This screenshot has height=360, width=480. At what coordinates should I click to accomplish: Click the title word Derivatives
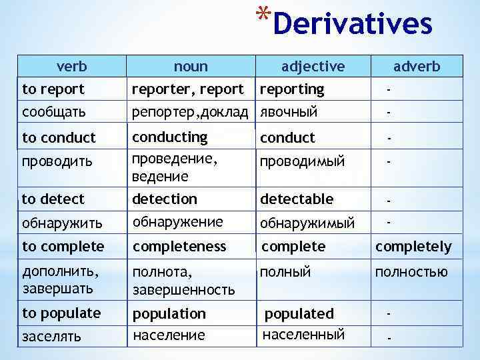[x=353, y=24]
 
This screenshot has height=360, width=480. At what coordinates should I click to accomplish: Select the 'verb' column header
[x=72, y=67]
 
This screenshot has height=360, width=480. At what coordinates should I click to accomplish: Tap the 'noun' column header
[x=191, y=67]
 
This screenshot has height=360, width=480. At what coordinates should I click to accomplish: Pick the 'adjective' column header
[x=313, y=67]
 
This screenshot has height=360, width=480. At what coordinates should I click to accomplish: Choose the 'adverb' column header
[x=417, y=67]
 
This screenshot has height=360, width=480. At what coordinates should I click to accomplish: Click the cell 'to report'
[x=53, y=89]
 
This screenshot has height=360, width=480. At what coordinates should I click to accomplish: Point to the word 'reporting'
[x=292, y=89]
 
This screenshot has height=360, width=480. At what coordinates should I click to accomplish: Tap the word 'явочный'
[x=289, y=112]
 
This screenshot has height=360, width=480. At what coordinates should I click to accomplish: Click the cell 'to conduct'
[x=59, y=138]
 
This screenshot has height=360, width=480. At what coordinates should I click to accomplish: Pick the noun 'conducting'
[x=170, y=137]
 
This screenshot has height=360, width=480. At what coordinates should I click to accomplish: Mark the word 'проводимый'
[x=302, y=162]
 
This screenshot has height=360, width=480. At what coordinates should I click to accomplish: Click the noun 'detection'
[x=165, y=199]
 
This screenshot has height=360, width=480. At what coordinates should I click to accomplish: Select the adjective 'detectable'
[x=297, y=199]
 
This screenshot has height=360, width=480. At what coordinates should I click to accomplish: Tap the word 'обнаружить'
[x=62, y=222]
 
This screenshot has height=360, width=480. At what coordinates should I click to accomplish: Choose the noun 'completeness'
[x=179, y=247]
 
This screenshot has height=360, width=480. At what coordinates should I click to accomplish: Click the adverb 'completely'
[x=413, y=247]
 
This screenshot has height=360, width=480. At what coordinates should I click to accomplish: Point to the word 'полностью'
[x=411, y=272]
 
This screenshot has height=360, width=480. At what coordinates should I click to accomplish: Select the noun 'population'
[x=169, y=313]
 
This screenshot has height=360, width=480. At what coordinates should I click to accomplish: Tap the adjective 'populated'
[x=299, y=313]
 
